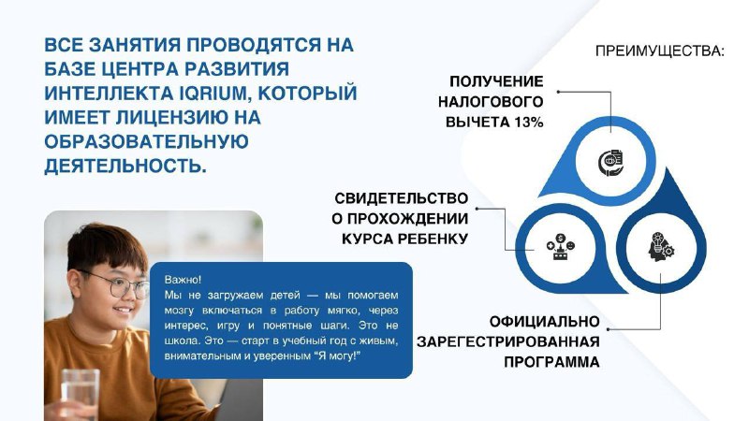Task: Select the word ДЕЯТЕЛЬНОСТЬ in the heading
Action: (x=125, y=166)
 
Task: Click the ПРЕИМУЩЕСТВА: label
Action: (x=660, y=51)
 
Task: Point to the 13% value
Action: (x=529, y=123)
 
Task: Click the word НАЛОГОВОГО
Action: (x=491, y=102)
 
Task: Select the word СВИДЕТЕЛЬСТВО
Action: (x=402, y=198)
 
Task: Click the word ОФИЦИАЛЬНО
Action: (x=545, y=322)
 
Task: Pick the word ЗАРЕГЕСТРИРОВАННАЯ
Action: (x=508, y=342)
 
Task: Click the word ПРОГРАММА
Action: (x=551, y=362)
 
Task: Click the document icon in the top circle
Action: (x=611, y=163)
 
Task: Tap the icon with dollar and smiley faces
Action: (x=560, y=247)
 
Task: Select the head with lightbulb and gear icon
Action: (x=661, y=247)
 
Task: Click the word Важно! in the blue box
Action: (x=183, y=280)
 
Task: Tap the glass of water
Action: (x=80, y=395)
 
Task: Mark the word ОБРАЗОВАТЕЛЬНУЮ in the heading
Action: (x=147, y=142)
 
